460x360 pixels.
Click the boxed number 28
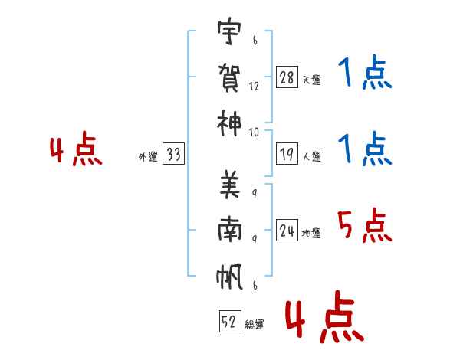tap(287, 78)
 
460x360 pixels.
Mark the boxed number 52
tap(229, 322)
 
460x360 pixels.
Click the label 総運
tap(254, 324)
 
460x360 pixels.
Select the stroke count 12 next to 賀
tap(254, 87)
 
